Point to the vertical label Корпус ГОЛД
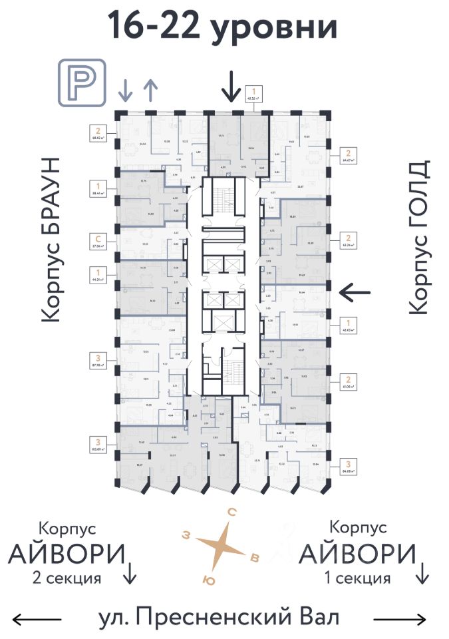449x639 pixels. [417, 237]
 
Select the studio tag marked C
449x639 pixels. [98, 240]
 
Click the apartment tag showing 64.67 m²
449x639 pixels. [347, 155]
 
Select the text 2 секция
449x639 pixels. [67, 578]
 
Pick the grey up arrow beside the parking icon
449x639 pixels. [150, 89]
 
